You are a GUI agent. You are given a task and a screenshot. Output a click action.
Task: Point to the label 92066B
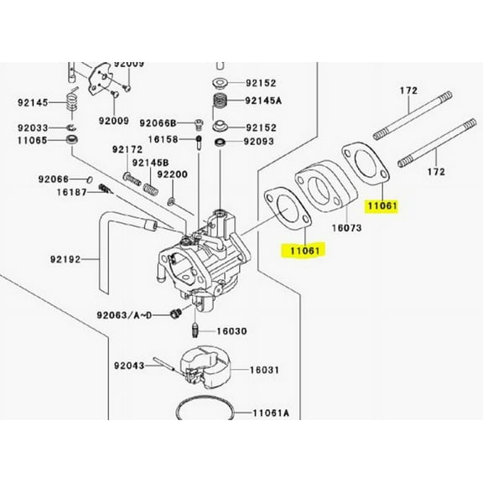(158, 122)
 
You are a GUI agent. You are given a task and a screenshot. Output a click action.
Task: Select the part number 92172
(128, 149)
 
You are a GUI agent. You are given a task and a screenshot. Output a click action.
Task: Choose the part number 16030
(232, 331)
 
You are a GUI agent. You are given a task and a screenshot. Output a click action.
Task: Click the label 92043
(130, 365)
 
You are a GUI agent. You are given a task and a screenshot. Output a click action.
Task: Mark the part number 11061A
(271, 413)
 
